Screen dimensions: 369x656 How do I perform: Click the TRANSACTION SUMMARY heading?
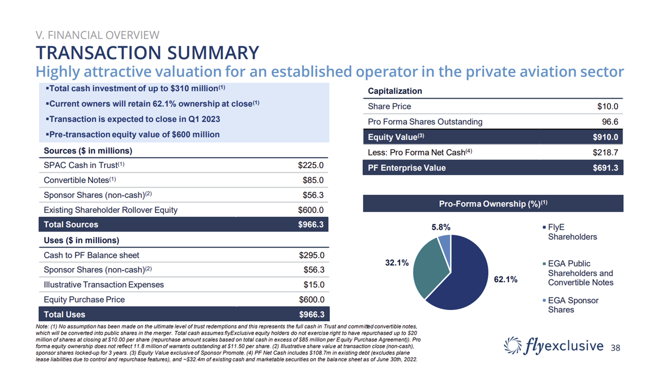[x=147, y=53]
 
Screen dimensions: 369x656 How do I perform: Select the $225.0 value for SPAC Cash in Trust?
[x=311, y=166]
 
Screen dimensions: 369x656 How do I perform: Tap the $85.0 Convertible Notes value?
[x=313, y=180]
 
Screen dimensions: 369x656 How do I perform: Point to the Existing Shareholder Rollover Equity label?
[x=110, y=210]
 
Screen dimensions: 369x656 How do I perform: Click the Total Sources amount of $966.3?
[x=311, y=224]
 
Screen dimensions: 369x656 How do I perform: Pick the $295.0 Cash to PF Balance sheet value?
[x=311, y=255]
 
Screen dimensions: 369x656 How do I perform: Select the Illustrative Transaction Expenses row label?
[x=104, y=285]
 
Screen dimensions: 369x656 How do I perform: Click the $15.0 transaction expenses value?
[x=314, y=285]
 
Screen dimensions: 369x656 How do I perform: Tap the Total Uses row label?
[x=65, y=314]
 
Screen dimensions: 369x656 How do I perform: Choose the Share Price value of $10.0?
[x=607, y=107]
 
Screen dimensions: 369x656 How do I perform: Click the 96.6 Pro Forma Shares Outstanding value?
[x=609, y=122]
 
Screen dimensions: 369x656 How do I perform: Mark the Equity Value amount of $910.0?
[x=605, y=137]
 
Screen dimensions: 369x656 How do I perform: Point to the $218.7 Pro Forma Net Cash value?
[x=605, y=152]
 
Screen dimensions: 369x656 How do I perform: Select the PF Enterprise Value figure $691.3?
[x=605, y=168]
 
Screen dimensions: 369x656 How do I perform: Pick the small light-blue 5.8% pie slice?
[x=445, y=243]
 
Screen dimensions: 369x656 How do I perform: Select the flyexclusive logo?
[x=554, y=345]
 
